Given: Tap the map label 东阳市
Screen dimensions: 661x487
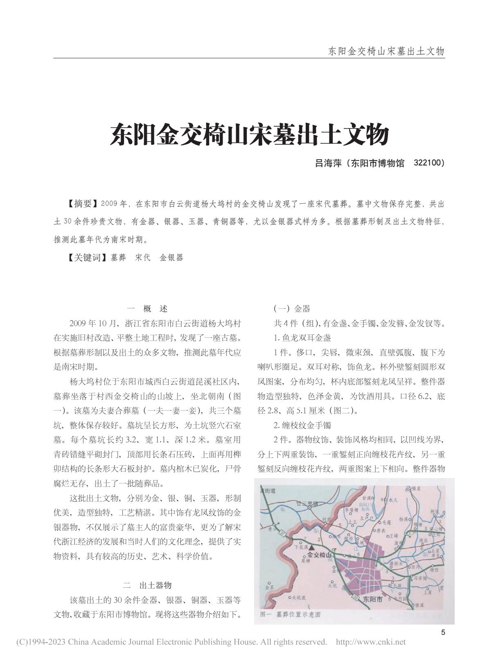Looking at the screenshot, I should pyautogui.click(x=372, y=599).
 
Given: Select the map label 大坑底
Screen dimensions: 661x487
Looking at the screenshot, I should pyautogui.click(x=298, y=597).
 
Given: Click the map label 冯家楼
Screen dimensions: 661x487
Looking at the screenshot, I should pyautogui.click(x=419, y=579).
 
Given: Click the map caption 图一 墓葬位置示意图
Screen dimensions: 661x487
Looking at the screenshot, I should pyautogui.click(x=290, y=614).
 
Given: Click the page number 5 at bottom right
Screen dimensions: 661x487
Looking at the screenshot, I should pyautogui.click(x=443, y=632).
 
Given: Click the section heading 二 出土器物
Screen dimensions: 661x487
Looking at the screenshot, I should pyautogui.click(x=147, y=585).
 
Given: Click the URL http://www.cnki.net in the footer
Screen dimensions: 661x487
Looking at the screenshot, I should pyautogui.click(x=370, y=642).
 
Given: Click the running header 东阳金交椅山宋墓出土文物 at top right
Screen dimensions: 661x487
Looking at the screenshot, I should pyautogui.click(x=386, y=51).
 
